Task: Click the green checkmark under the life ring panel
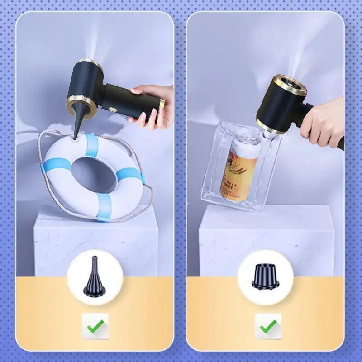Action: coord(95,326)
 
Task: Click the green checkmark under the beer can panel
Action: coord(268,326)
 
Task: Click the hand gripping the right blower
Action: coord(324,122)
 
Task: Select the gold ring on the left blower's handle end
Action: coord(162,103)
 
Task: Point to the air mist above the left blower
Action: coord(97,41)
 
